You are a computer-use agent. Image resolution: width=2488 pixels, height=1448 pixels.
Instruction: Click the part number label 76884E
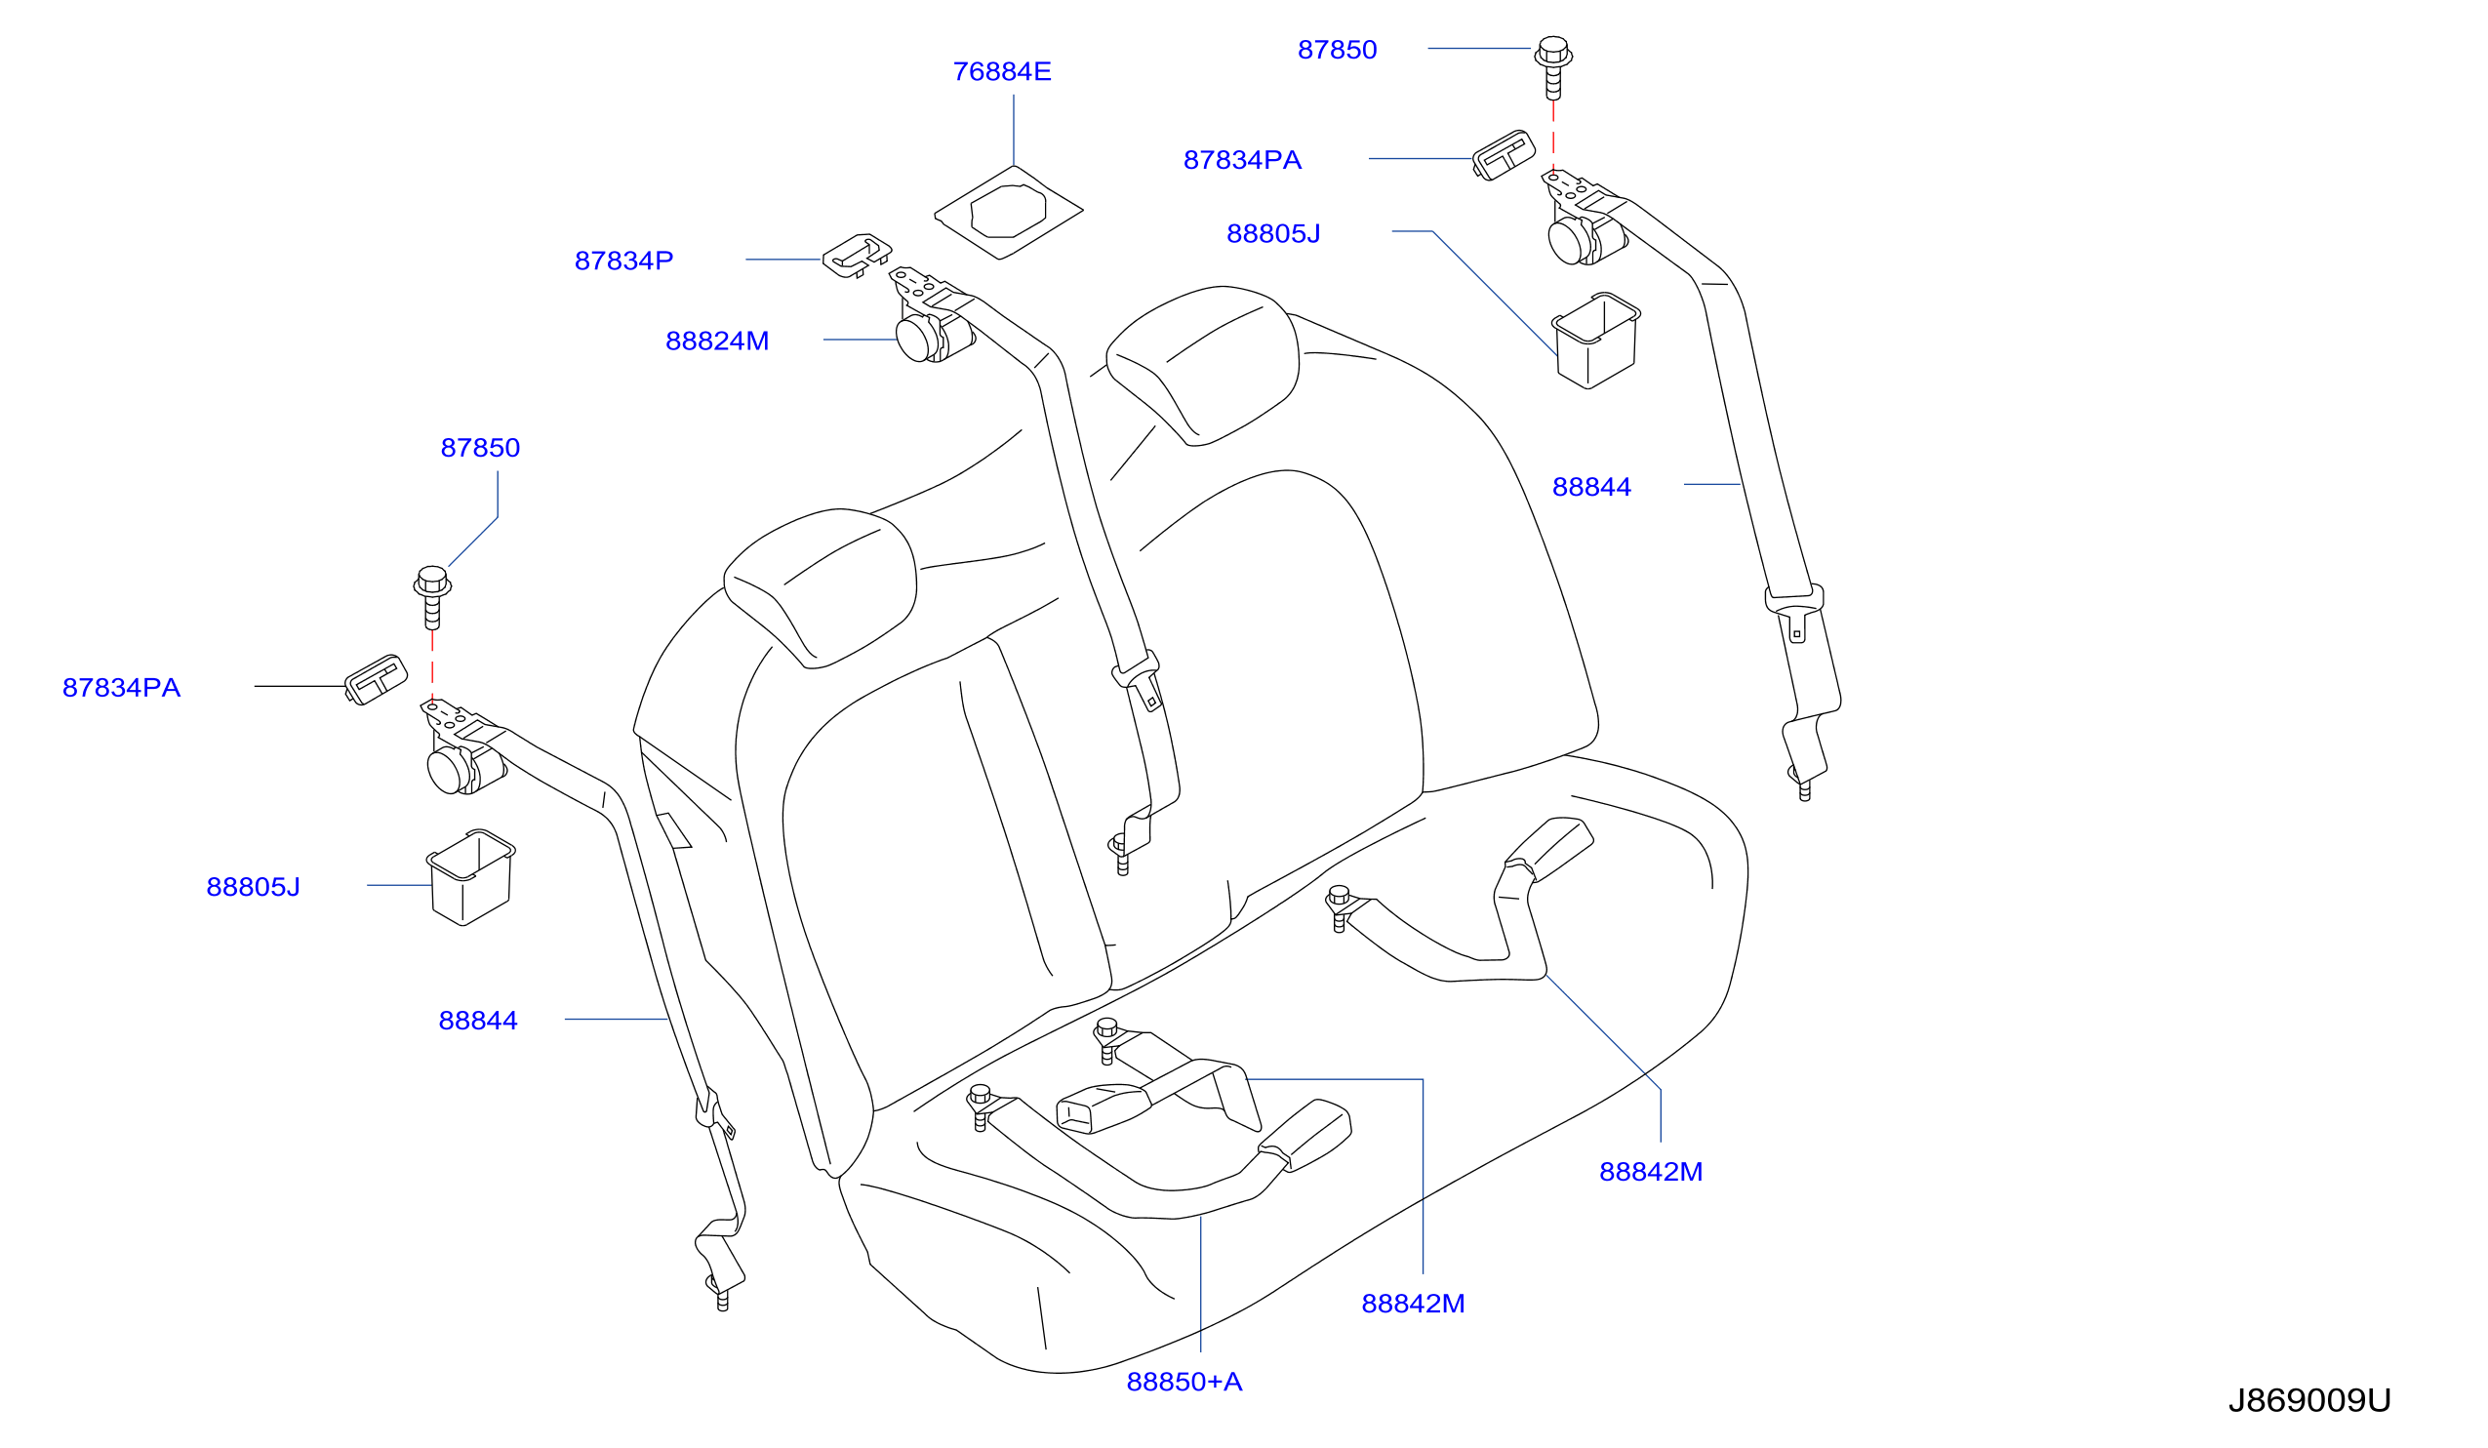[x=1001, y=72]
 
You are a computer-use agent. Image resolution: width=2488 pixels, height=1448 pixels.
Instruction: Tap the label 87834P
[x=624, y=261]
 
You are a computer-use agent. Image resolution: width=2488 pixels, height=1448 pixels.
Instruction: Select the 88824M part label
[x=717, y=341]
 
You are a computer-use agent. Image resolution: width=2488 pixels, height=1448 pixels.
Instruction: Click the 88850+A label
[x=1184, y=1382]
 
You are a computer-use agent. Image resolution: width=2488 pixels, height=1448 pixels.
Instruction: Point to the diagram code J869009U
[x=2309, y=1400]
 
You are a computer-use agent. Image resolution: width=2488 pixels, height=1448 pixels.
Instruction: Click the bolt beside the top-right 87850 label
[x=1553, y=67]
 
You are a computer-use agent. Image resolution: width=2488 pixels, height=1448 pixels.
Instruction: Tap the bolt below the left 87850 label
[x=432, y=597]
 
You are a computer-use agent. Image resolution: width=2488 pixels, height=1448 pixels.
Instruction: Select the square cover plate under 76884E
[x=1008, y=212]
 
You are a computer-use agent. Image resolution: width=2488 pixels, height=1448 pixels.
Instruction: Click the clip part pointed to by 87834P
[x=857, y=256]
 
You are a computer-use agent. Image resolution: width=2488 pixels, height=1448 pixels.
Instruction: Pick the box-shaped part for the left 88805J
[x=470, y=877]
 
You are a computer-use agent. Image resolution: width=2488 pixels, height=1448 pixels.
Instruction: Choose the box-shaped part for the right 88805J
[x=1595, y=341]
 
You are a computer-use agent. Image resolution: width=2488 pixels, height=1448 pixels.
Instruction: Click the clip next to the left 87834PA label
[x=376, y=680]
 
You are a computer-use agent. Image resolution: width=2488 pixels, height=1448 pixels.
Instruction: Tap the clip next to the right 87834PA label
[x=1504, y=155]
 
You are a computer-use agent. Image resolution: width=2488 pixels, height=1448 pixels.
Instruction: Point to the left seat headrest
[x=820, y=588]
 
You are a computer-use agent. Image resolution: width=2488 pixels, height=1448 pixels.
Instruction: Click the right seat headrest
[x=1202, y=365]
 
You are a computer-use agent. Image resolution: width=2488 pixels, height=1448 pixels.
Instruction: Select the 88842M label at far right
[x=1651, y=1172]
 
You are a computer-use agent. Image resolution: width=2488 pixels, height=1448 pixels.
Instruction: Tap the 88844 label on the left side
[x=478, y=1021]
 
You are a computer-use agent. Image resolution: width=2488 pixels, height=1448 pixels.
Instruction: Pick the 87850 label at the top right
[x=1337, y=51]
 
